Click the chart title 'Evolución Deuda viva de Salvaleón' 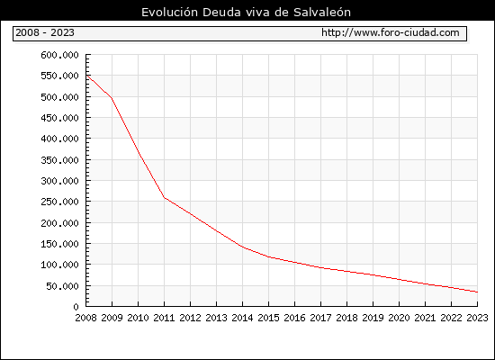pos(246,13)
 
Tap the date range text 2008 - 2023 pos(45,32)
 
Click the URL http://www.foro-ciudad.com pos(391,32)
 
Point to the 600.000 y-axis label pos(59,55)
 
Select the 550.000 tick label pos(59,76)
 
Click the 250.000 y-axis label pos(59,202)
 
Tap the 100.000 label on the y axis pos(59,265)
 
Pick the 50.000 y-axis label pos(62,286)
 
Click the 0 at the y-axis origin pos(76,307)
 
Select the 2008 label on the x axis pos(85,318)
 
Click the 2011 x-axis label pos(164,318)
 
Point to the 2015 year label pos(269,318)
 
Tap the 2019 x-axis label pos(373,318)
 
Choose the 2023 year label pos(477,318)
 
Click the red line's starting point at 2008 pos(86,76)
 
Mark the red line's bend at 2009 pos(112,98)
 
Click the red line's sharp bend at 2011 pos(164,198)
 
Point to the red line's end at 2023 pos(477,292)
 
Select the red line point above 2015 pos(269,257)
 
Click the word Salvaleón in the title pos(322,13)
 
